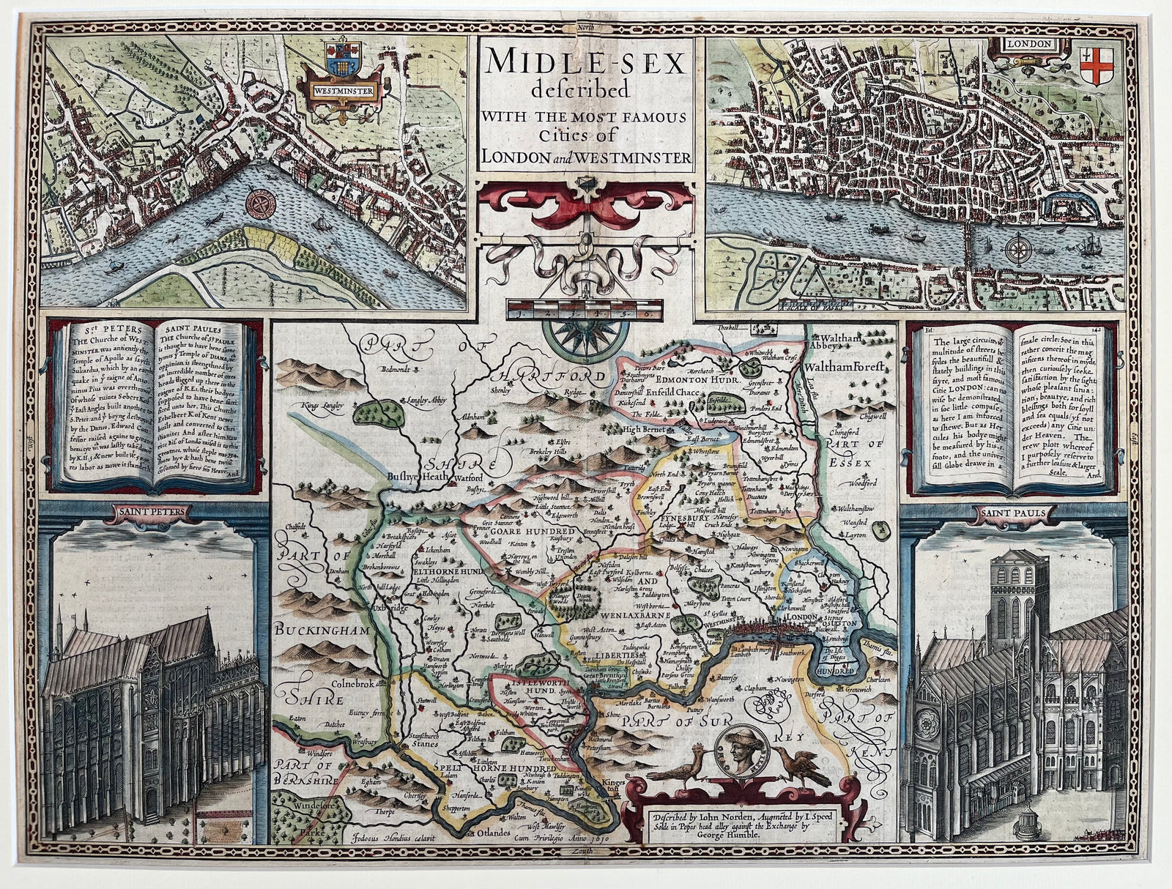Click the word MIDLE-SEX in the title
point(585,64)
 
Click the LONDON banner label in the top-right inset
point(1034,43)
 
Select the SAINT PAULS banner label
point(1017,513)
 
